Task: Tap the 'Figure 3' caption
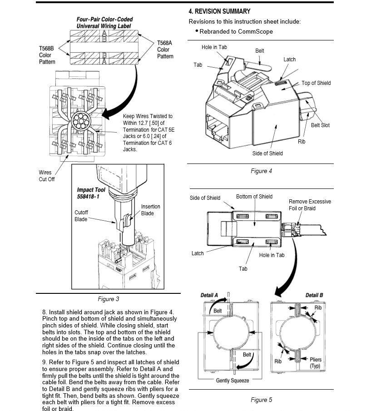point(108,299)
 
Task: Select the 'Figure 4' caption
point(261,171)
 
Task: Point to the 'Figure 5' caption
point(261,400)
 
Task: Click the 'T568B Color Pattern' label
point(48,55)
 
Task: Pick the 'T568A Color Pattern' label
point(165,50)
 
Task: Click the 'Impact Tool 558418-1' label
point(92,193)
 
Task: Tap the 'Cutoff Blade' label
point(81,216)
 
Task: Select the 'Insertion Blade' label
point(150,210)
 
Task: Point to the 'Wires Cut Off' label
point(46,176)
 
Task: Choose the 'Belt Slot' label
point(320,125)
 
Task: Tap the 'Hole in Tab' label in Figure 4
point(214,47)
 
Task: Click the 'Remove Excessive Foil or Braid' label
point(310,205)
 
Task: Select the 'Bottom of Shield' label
point(254,197)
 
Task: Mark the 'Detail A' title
point(209,296)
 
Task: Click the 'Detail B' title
point(314,296)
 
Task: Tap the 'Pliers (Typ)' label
point(316,362)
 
